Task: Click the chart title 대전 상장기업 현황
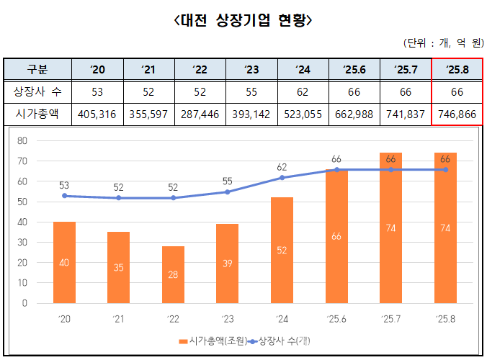coord(243,20)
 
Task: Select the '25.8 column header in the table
coord(457,70)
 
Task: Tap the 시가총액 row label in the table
coord(37,114)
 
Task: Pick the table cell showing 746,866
coord(457,114)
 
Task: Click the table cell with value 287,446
coord(200,114)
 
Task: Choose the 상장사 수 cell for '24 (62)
coord(303,91)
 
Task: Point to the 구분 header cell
coord(37,70)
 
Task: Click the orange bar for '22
coord(173,275)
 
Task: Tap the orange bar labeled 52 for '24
coord(282,251)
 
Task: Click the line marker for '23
coord(228,192)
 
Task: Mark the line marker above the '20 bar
coord(65,196)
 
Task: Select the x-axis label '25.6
coord(336,318)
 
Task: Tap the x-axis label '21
coord(119,318)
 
